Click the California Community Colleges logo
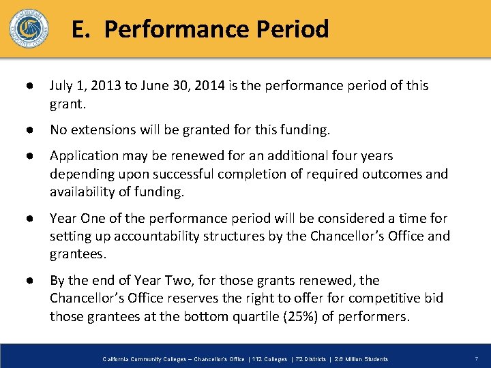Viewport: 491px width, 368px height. click(x=29, y=28)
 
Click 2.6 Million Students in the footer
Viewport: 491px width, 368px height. click(x=360, y=359)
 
